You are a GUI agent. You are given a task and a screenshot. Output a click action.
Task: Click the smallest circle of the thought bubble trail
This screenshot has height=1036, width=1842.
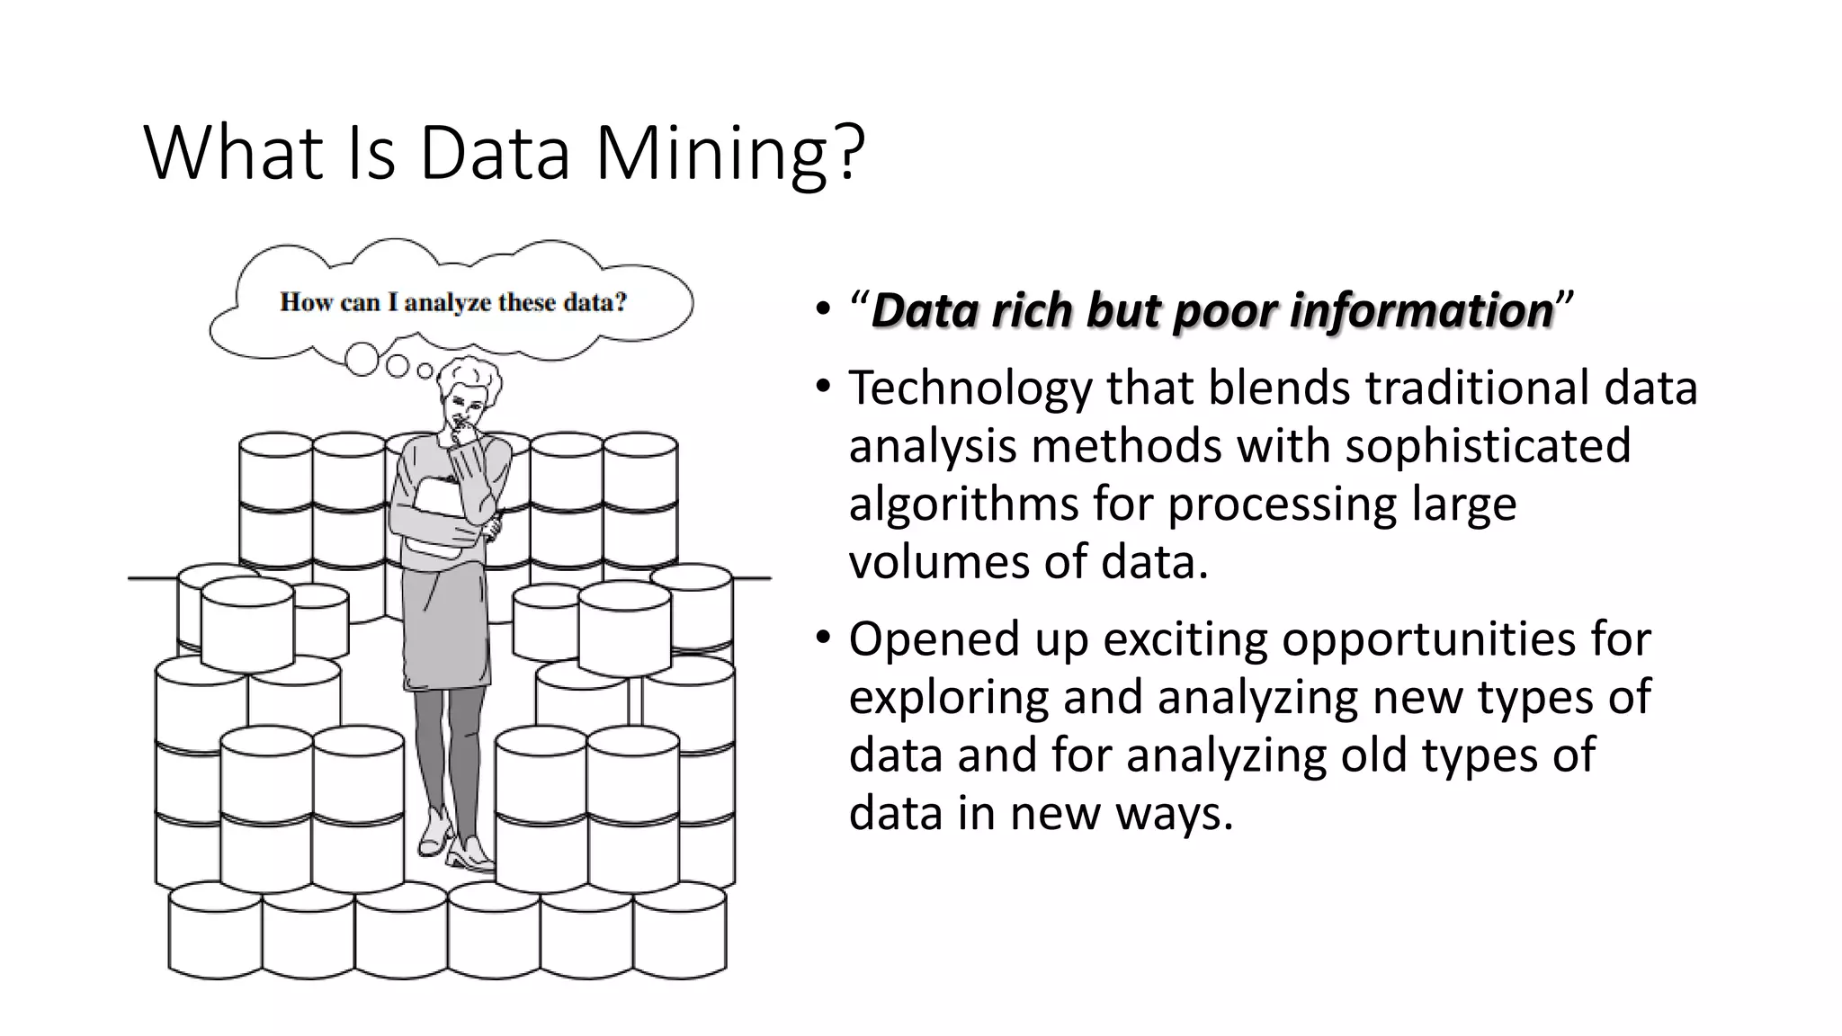coord(425,371)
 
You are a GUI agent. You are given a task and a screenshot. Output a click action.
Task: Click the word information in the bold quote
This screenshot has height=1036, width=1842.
coord(1421,310)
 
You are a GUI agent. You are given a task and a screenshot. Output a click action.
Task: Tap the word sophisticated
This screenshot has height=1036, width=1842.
coord(1488,446)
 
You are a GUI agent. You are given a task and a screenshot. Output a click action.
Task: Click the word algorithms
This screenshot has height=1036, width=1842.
coord(963,504)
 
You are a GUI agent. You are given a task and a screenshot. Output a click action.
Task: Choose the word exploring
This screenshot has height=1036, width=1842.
coord(948,697)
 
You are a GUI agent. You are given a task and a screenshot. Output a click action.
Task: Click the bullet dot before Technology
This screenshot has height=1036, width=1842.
coord(822,388)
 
